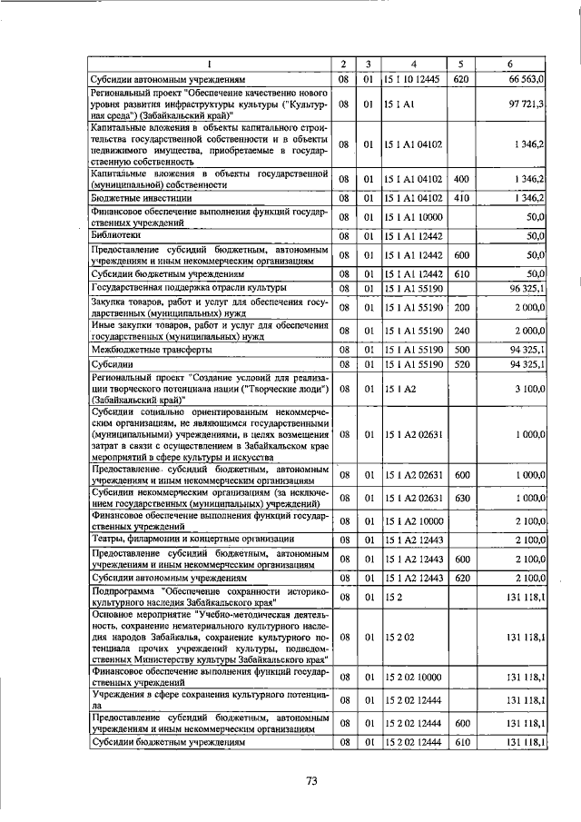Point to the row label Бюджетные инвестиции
137,197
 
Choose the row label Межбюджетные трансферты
151,349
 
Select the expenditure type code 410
460,197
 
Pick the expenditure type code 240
460,330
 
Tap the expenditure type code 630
460,497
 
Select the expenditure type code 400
460,177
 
